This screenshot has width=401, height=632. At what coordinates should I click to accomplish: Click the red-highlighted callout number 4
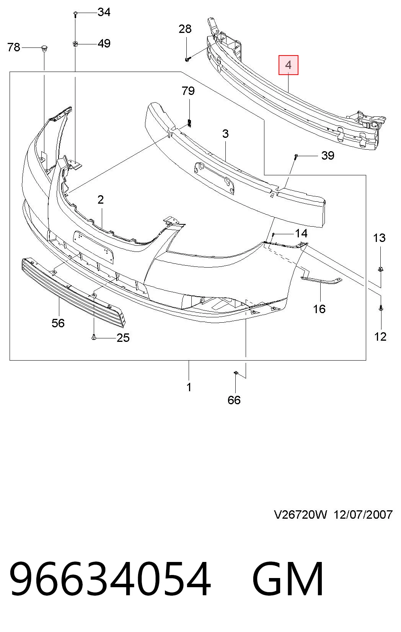[x=288, y=65]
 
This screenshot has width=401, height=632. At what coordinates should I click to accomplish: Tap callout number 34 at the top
[x=104, y=12]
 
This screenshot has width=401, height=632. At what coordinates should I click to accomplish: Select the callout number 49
[x=104, y=44]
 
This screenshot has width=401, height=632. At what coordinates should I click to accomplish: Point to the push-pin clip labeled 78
[x=44, y=48]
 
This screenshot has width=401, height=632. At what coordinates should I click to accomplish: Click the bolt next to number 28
[x=188, y=59]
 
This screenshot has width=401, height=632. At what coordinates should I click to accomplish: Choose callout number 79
[x=188, y=91]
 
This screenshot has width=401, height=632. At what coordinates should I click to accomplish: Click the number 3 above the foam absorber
[x=225, y=134]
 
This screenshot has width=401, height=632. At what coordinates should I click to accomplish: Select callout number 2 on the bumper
[x=101, y=200]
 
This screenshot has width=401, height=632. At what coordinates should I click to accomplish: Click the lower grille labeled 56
[x=73, y=292]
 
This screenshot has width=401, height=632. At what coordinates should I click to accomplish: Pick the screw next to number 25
[x=94, y=336]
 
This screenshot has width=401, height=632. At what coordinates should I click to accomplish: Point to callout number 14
[x=301, y=234]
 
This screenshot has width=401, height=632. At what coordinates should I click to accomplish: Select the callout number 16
[x=319, y=309]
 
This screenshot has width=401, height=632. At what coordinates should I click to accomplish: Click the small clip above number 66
[x=236, y=374]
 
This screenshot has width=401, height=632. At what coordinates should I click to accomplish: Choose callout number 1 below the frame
[x=189, y=387]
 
